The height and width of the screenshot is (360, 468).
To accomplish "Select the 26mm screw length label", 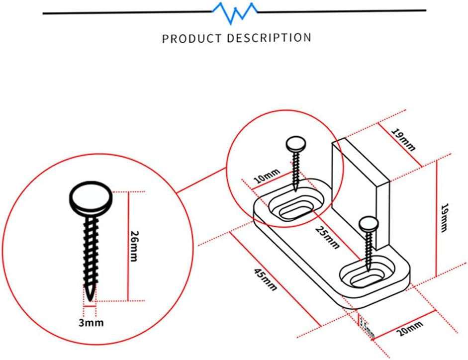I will click(x=136, y=246).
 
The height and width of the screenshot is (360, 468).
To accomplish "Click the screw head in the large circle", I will click(x=90, y=198).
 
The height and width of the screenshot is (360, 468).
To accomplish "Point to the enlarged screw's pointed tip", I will click(x=90, y=297).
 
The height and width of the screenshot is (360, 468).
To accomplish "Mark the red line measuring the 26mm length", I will click(x=128, y=246).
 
